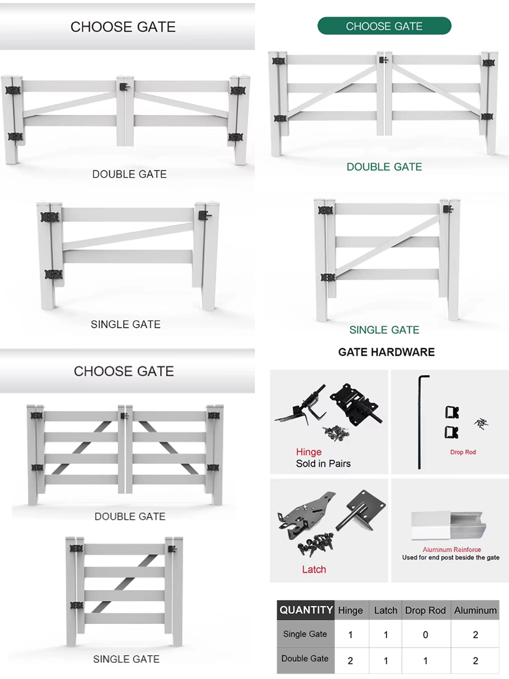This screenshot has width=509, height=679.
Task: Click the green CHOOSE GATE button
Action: point(384,26)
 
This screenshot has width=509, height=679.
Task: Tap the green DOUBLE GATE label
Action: point(384,167)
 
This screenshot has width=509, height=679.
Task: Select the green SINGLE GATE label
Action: point(384,330)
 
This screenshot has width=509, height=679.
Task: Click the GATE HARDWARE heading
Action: point(386,352)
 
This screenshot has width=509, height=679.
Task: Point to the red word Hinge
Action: point(308,452)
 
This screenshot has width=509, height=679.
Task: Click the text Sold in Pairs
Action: point(323,464)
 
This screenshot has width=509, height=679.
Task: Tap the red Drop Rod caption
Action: point(463,452)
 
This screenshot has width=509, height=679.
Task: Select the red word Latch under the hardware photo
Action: point(314,570)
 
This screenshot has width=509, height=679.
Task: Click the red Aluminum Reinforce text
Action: point(451,550)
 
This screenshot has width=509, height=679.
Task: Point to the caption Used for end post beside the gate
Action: point(450,558)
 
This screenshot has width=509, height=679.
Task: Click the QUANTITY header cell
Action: point(306,610)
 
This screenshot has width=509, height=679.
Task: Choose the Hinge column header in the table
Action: point(350,610)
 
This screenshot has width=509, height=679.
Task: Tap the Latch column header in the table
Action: point(385,610)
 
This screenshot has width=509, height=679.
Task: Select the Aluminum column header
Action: point(475,610)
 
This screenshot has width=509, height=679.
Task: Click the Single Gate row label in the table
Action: point(305,634)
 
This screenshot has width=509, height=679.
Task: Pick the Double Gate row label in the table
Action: point(305,659)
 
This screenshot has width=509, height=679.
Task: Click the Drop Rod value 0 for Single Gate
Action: point(426,635)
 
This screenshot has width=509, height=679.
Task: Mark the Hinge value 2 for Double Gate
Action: point(350,661)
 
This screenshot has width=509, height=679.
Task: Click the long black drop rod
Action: point(419,422)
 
